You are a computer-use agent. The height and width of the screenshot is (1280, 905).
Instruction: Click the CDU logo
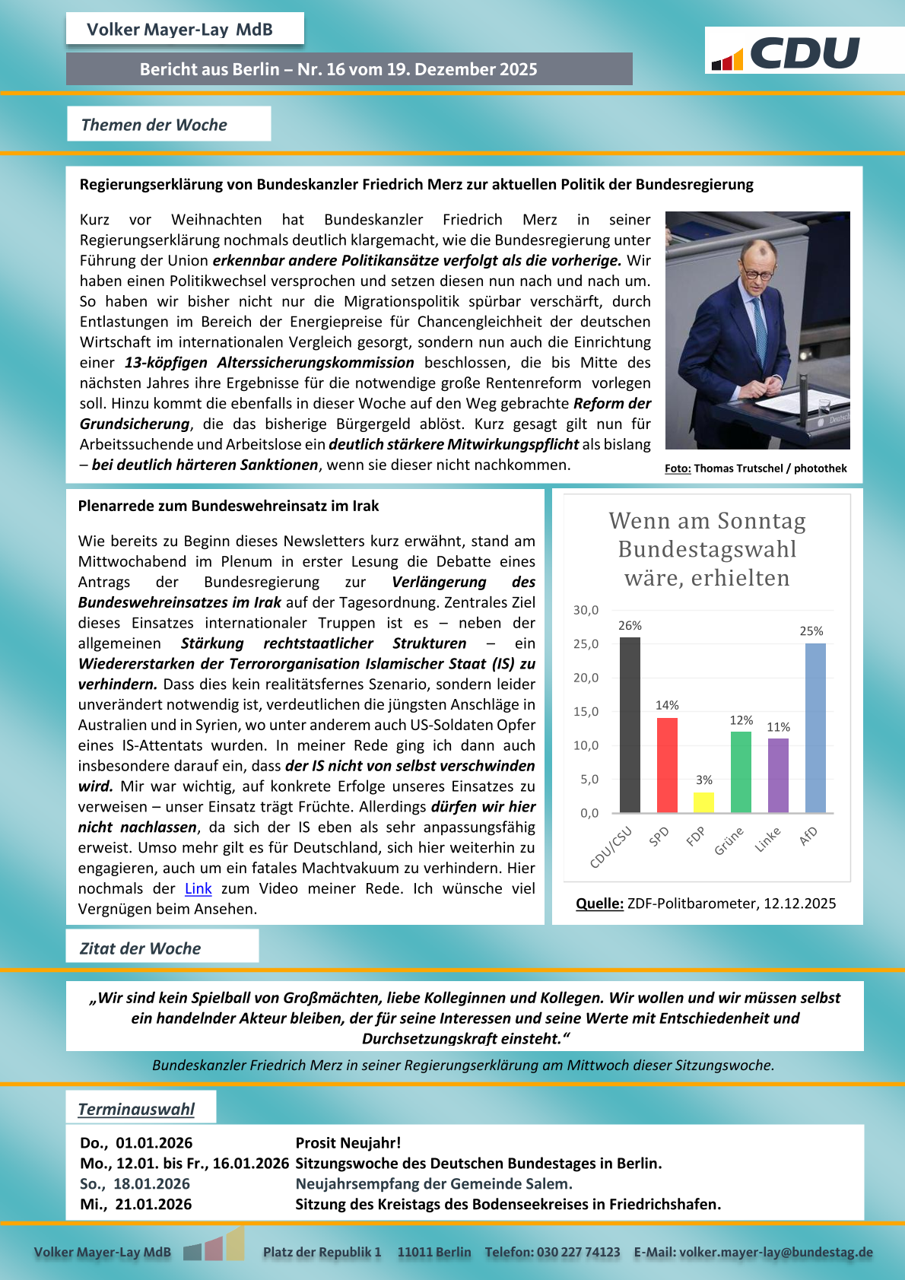pyautogui.click(x=787, y=53)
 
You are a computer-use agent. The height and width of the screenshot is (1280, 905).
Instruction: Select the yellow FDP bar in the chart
pyautogui.click(x=703, y=802)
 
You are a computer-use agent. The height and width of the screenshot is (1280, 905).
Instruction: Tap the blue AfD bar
pyautogui.click(x=815, y=728)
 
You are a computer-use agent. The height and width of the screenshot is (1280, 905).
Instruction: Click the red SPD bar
pyautogui.click(x=667, y=765)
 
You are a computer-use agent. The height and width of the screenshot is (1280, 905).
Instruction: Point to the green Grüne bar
pyautogui.click(x=741, y=772)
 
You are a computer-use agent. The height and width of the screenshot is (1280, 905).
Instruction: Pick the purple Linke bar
pyautogui.click(x=778, y=775)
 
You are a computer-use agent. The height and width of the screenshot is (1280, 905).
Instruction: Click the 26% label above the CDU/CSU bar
pyautogui.click(x=630, y=626)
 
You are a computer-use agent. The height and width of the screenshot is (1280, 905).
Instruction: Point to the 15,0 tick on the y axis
pyautogui.click(x=586, y=712)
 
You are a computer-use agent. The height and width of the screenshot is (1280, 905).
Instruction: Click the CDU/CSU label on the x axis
pyautogui.click(x=611, y=847)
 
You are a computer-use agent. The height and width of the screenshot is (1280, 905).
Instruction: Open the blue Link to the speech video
pyautogui.click(x=198, y=888)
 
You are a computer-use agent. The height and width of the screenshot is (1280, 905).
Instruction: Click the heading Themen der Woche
pyautogui.click(x=154, y=125)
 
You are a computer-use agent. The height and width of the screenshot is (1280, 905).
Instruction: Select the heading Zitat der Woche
pyautogui.click(x=141, y=948)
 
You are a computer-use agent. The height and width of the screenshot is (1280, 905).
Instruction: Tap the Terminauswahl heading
pyautogui.click(x=136, y=1109)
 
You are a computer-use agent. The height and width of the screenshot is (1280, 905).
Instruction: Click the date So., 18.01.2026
pyautogui.click(x=135, y=1183)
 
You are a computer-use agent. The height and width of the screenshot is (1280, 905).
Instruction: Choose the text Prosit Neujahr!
pyautogui.click(x=348, y=1142)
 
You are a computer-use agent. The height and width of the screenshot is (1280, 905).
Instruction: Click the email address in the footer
pyautogui.click(x=776, y=1252)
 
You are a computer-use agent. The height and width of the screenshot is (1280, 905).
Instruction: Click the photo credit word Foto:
pyautogui.click(x=678, y=468)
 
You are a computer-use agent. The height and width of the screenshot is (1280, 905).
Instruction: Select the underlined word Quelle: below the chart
pyautogui.click(x=599, y=904)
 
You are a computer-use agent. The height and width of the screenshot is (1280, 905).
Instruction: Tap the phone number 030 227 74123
pyautogui.click(x=579, y=1252)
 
